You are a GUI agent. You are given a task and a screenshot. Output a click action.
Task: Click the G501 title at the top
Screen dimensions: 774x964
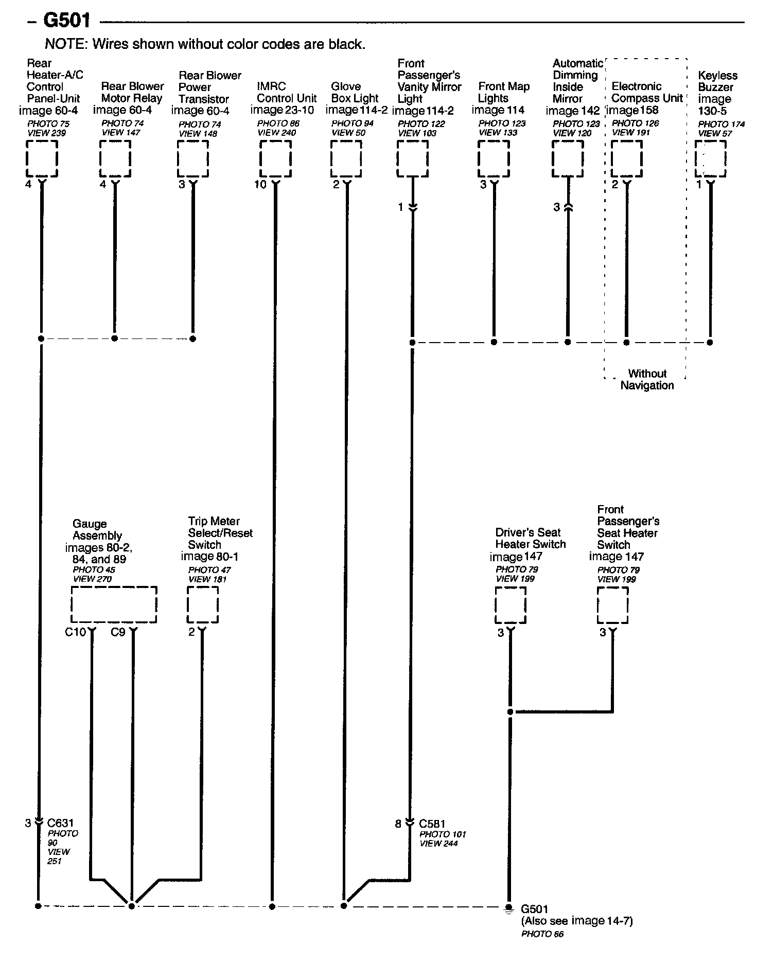click(67, 21)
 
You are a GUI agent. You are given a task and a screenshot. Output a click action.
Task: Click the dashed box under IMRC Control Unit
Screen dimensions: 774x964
click(275, 159)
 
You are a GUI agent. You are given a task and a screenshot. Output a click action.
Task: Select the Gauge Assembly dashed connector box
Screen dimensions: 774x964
click(113, 604)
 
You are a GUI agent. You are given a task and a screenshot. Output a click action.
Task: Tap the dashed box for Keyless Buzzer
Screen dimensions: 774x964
click(710, 159)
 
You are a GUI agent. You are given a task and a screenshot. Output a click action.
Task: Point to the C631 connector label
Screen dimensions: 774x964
click(60, 823)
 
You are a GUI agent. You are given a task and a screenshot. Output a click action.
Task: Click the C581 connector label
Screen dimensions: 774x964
click(432, 824)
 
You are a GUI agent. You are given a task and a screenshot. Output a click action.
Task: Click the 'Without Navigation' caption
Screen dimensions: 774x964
click(647, 380)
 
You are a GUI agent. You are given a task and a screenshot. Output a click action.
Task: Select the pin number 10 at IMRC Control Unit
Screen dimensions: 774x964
click(260, 184)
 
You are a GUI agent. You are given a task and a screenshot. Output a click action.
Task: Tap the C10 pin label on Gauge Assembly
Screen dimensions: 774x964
click(75, 632)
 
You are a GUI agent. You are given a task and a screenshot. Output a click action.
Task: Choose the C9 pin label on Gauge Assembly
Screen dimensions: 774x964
click(118, 632)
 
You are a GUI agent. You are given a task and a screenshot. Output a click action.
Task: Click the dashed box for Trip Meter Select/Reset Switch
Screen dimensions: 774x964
click(202, 604)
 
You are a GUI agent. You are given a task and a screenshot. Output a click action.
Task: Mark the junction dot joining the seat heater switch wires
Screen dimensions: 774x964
click(510, 712)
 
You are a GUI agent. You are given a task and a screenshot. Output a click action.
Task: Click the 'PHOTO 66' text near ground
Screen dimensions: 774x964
click(542, 934)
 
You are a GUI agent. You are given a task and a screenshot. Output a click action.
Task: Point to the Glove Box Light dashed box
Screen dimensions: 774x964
click(346, 159)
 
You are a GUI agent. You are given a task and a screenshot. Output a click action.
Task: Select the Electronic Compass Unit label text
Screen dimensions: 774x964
click(647, 92)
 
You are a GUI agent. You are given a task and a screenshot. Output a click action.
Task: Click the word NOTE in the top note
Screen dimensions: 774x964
click(66, 44)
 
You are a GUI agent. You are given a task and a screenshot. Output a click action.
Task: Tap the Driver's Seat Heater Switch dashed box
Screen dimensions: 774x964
click(510, 605)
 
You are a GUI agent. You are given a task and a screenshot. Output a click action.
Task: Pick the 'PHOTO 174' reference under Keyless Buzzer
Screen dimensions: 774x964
click(721, 124)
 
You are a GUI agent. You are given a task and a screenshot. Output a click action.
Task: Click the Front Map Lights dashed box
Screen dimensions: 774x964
click(494, 159)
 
